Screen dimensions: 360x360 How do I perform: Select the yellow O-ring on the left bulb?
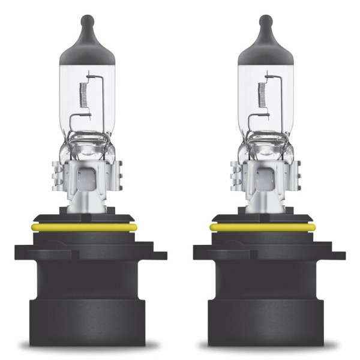(91, 227)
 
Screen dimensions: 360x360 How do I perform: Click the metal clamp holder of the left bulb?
(90, 180)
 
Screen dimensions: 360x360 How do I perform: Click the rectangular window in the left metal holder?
(87, 178)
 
